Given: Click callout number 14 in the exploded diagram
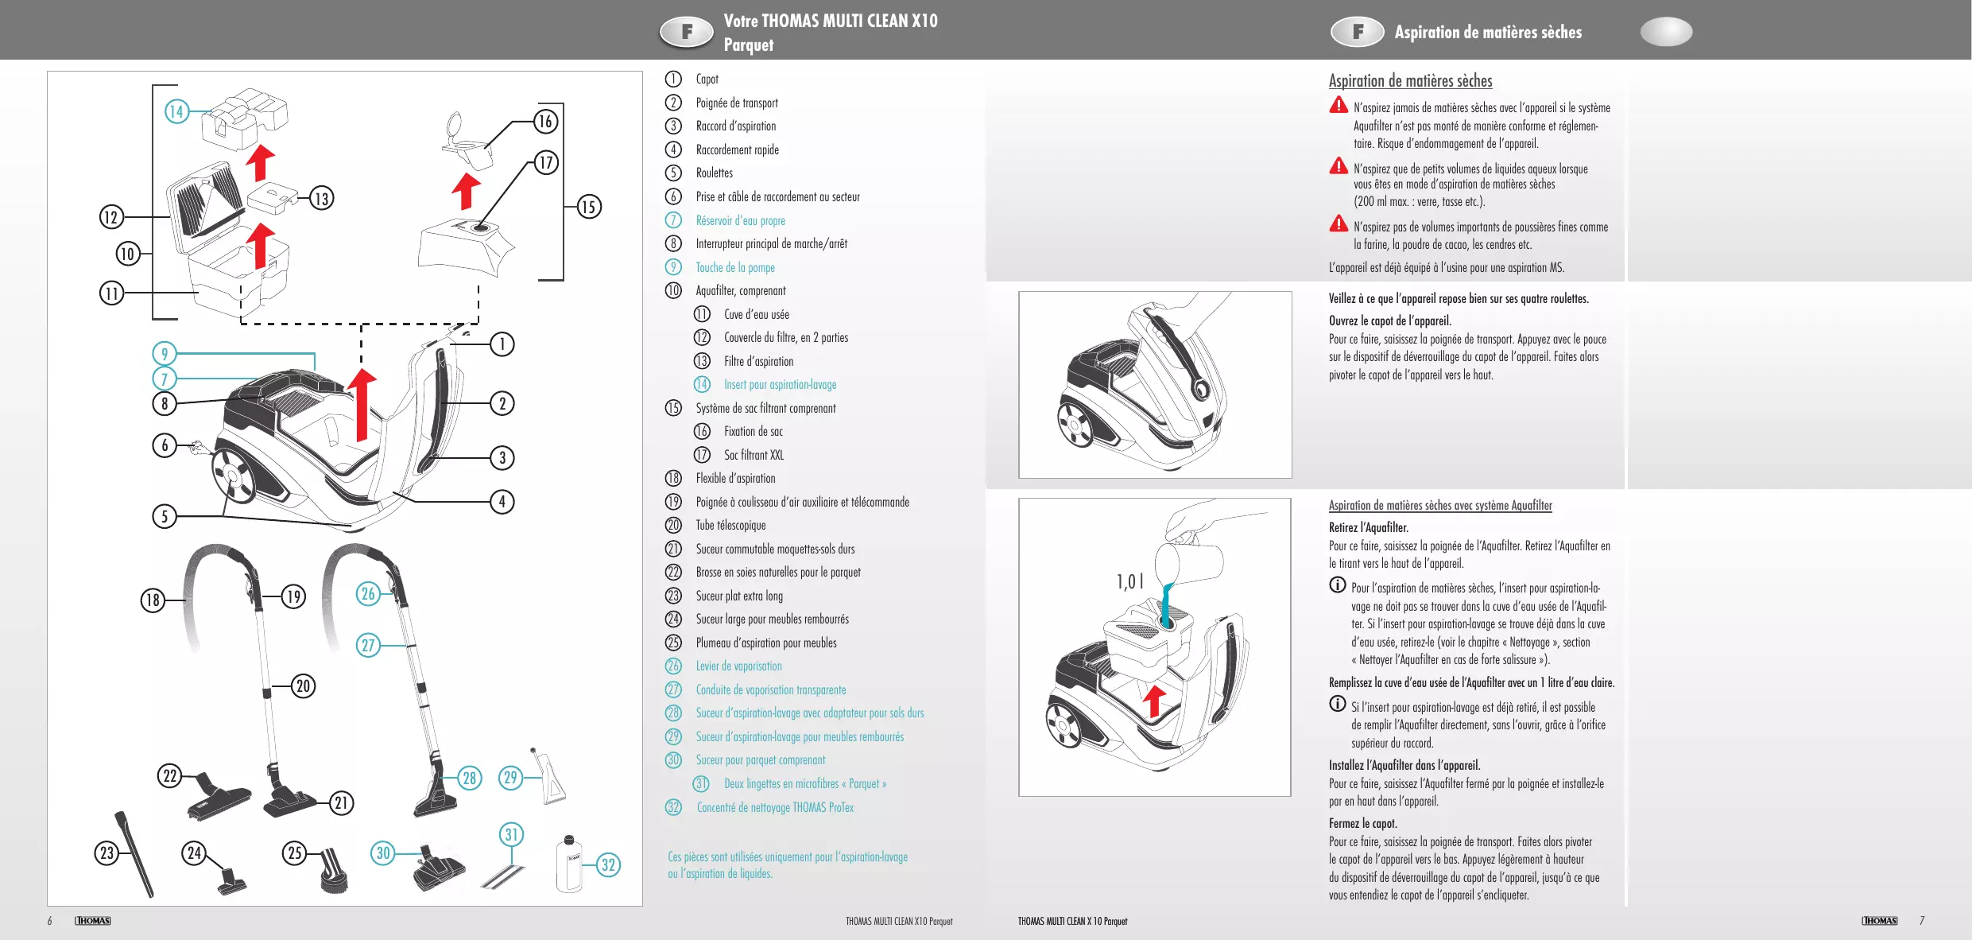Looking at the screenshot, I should (176, 111).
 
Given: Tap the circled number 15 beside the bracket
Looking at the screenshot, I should (588, 207).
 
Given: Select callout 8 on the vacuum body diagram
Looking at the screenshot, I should (165, 403).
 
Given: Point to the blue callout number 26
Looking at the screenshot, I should (367, 593).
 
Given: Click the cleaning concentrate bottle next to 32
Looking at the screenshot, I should (569, 864).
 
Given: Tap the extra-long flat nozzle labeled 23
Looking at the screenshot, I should (135, 855).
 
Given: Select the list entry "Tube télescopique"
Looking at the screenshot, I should (730, 525).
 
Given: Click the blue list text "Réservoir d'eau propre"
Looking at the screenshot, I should (740, 220).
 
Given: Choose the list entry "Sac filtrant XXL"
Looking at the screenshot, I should (754, 455).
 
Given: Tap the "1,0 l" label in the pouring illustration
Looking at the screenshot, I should (1129, 581).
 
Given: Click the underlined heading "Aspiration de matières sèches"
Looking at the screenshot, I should (1410, 80).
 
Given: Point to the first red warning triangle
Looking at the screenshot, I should (1339, 105).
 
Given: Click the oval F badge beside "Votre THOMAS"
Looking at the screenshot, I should (688, 32).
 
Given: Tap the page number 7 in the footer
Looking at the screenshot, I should (1922, 920).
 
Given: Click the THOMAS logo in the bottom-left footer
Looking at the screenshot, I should (93, 920).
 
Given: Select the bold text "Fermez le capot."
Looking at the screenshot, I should (1362, 823).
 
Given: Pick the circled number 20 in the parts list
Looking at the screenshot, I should (673, 525).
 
